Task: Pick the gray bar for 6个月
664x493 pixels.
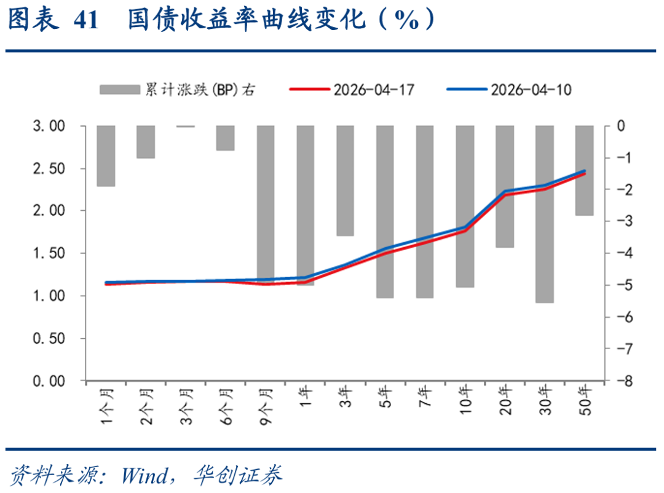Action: coord(225,138)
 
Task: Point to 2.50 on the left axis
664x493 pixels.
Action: coord(49,168)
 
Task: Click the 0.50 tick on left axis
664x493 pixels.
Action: coord(49,339)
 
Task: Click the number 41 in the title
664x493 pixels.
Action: coord(85,21)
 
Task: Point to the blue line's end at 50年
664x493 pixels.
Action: coord(584,171)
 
